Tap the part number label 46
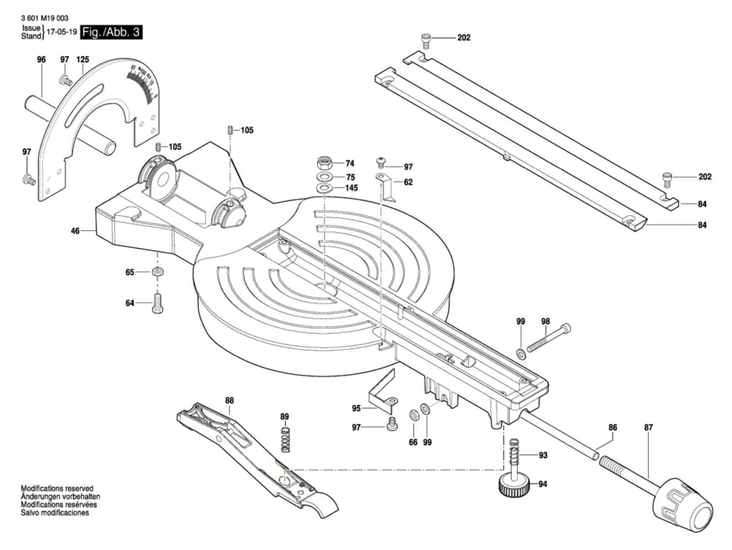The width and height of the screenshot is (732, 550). (x=75, y=231)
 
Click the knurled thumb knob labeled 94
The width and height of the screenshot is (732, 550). (x=514, y=485)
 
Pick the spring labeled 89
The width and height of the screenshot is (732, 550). (x=285, y=440)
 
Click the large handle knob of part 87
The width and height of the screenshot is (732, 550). (x=684, y=506)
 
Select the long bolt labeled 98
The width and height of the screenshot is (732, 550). (x=549, y=339)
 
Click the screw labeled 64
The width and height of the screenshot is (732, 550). (x=157, y=303)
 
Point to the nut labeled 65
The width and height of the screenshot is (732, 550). (x=158, y=272)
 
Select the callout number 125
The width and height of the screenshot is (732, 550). (x=83, y=60)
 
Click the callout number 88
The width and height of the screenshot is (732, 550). (x=229, y=400)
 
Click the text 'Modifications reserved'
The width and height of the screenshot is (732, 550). (x=57, y=489)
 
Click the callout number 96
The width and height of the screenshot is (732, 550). (x=42, y=60)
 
